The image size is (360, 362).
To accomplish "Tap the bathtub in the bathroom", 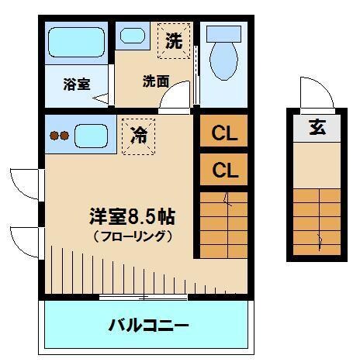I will point(75,44).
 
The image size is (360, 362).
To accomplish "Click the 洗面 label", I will point(155,81).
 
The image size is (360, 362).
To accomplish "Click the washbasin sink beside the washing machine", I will point(133,36).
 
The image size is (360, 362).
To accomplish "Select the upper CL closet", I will point(224,133).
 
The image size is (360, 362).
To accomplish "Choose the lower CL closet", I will point(224,169).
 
